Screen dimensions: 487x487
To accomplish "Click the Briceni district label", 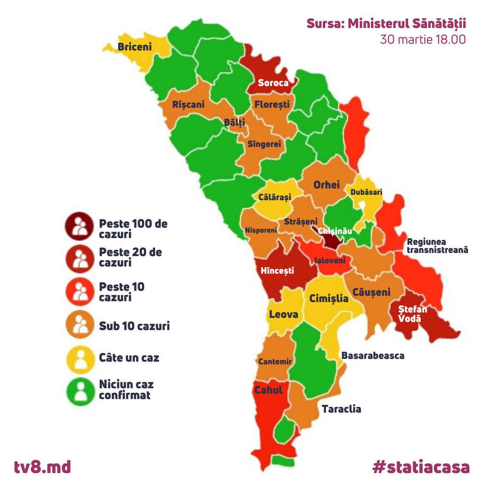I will (x=134, y=46).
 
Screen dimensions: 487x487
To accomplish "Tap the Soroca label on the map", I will (x=273, y=83).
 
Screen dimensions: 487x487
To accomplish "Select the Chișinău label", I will (x=335, y=231).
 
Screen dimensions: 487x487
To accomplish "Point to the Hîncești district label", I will (x=277, y=271).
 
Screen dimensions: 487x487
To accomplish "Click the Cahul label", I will (x=268, y=390).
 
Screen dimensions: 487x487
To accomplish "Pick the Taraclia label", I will (x=341, y=409).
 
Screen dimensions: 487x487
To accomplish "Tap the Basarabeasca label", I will (x=372, y=356).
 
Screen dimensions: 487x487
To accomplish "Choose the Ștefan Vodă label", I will (x=412, y=314).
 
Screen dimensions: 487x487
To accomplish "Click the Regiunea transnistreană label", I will (x=437, y=246).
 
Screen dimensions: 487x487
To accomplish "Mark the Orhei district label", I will (x=326, y=185).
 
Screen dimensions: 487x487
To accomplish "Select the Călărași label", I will (x=275, y=197).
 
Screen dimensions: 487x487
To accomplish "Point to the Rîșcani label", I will (x=188, y=105).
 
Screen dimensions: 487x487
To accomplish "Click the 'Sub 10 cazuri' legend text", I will (x=134, y=326).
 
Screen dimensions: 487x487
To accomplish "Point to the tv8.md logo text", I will (x=42, y=466).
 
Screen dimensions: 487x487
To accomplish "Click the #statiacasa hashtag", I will (x=421, y=467).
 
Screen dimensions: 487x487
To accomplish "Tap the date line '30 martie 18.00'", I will (x=423, y=39).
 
